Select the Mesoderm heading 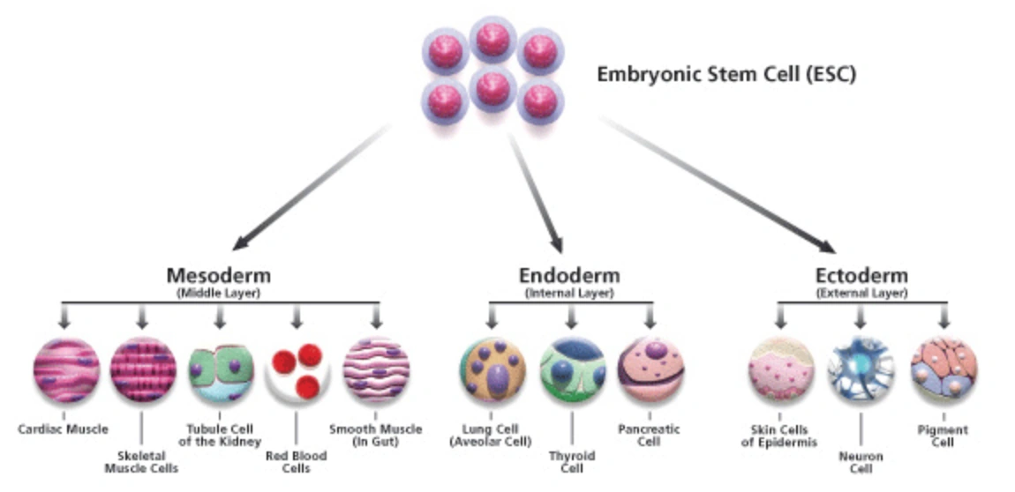pyautogui.click(x=219, y=274)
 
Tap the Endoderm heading pyautogui.click(x=569, y=274)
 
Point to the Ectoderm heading pyautogui.click(x=861, y=274)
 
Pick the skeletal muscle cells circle pyautogui.click(x=143, y=370)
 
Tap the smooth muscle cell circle pyautogui.click(x=376, y=370)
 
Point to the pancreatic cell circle pyautogui.click(x=650, y=370)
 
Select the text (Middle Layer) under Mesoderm pyautogui.click(x=219, y=292)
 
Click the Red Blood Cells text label pyautogui.click(x=296, y=462)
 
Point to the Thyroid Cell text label pyautogui.click(x=572, y=462)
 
